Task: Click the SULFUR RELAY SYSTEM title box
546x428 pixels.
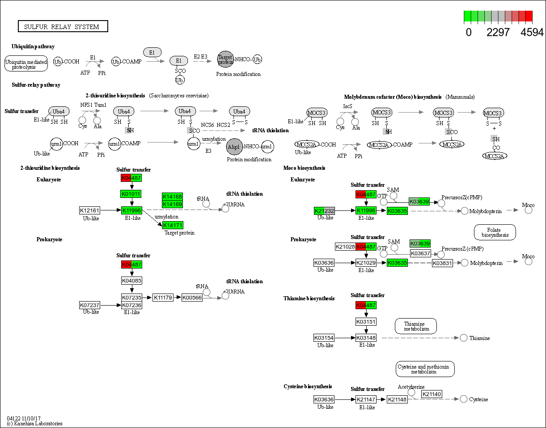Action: click(63, 26)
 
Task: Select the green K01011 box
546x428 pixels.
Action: click(131, 194)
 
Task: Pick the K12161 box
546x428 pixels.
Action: click(89, 210)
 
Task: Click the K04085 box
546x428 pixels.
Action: click(131, 281)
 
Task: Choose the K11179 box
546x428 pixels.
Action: click(163, 298)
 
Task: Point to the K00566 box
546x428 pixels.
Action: click(192, 298)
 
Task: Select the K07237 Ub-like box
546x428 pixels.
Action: click(89, 305)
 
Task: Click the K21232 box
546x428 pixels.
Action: click(324, 210)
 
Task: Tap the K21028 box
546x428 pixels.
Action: click(345, 247)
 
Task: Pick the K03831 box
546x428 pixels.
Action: click(442, 263)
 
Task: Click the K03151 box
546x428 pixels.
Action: click(366, 322)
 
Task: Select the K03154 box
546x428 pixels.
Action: click(324, 338)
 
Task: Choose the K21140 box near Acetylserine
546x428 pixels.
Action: click(432, 394)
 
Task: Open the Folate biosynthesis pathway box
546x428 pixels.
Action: click(495, 232)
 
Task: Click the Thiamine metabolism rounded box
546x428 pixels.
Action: click(415, 326)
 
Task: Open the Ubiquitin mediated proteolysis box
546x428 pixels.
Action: click(26, 64)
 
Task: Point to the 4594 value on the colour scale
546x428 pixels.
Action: click(532, 32)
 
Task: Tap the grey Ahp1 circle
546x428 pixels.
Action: click(234, 146)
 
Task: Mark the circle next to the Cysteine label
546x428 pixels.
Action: click(464, 399)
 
